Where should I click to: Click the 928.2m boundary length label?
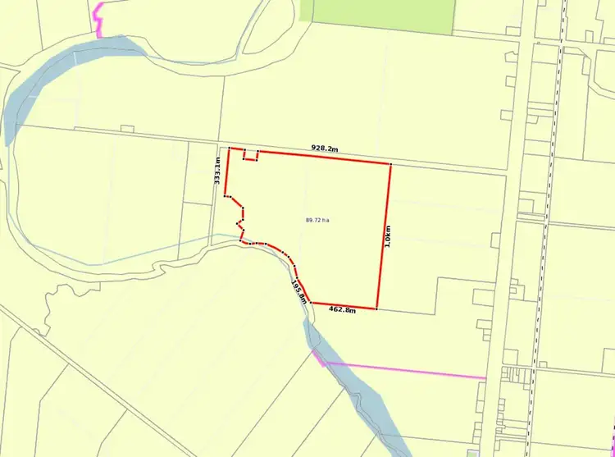click(x=325, y=149)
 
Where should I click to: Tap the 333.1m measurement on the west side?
click(x=218, y=175)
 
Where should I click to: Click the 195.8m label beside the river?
click(x=298, y=291)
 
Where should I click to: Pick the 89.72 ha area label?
click(x=317, y=220)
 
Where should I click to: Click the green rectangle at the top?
click(x=377, y=16)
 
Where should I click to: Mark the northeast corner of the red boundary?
click(x=390, y=164)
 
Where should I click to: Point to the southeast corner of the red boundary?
click(x=376, y=309)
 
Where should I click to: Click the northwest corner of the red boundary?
click(x=229, y=149)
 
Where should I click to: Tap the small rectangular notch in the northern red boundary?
click(x=252, y=155)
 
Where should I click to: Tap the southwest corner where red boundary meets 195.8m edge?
click(x=310, y=302)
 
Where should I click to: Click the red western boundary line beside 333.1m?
click(x=226, y=176)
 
